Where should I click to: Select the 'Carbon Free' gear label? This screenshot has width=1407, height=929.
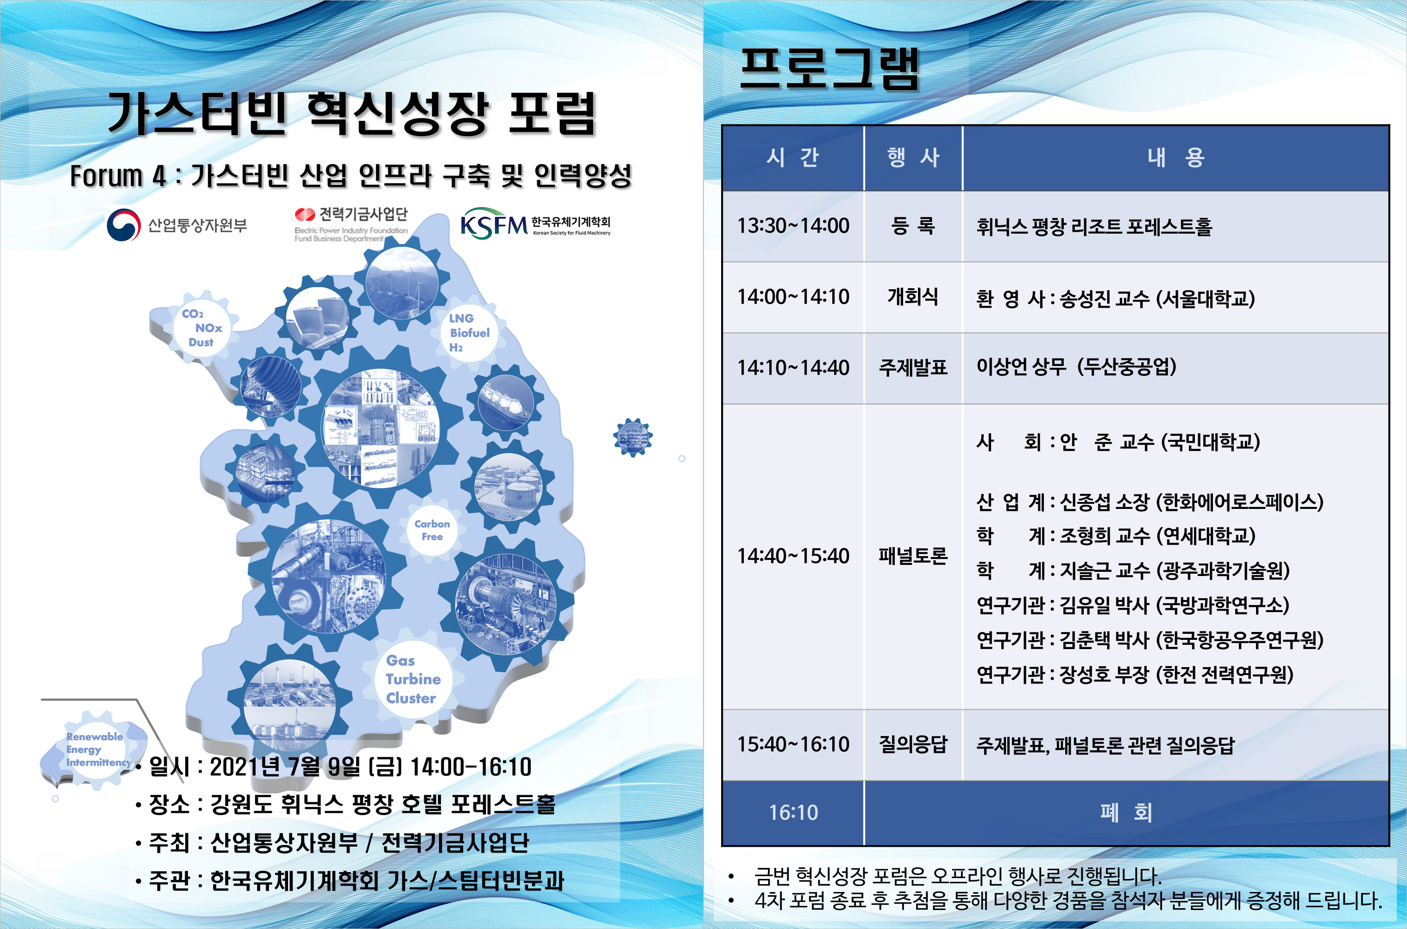[x=432, y=530]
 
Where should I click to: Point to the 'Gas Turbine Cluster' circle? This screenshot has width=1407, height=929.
[x=413, y=679]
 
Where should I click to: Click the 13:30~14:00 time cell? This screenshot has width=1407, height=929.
[x=793, y=226]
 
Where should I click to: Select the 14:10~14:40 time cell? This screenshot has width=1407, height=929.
[x=793, y=368]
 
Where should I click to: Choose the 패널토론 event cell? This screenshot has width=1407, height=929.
[x=913, y=556]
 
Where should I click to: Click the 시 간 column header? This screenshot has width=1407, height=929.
[x=793, y=158]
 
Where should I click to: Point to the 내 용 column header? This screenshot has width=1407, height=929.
[x=1176, y=158]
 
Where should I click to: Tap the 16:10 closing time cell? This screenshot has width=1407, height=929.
[x=793, y=812]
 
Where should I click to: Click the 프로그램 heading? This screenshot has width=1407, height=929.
[x=829, y=69]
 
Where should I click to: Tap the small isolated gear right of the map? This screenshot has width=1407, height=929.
[x=633, y=437]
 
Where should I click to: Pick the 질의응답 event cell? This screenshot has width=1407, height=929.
[x=913, y=745]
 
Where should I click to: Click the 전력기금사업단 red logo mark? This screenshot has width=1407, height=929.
[x=305, y=214]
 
